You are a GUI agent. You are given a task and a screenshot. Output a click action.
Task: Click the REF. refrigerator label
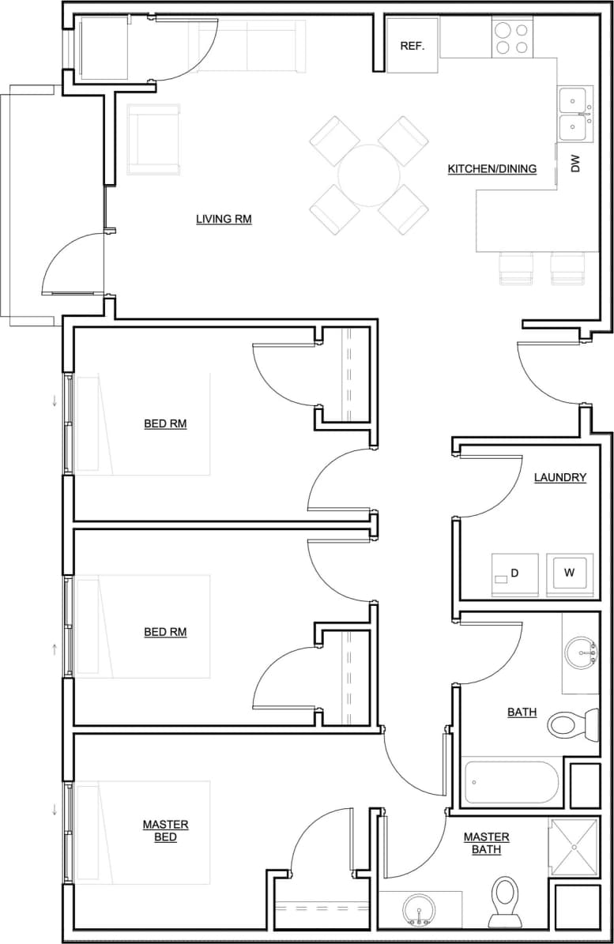tap(412, 46)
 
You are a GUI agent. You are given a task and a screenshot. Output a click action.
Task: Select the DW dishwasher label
tap(575, 164)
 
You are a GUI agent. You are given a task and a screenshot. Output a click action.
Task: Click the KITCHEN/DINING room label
tap(492, 168)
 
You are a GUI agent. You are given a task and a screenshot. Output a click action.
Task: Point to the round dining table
tap(368, 175)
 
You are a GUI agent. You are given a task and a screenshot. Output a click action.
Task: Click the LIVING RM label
tap(224, 219)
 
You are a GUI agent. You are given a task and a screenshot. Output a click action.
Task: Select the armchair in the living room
tap(153, 140)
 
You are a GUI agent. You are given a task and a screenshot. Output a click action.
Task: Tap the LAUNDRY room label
tap(559, 477)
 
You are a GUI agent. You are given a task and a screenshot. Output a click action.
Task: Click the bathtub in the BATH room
tap(511, 782)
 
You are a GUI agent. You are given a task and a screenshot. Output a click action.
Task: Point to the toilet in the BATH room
tap(573, 723)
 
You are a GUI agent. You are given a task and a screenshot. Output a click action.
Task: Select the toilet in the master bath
tap(505, 900)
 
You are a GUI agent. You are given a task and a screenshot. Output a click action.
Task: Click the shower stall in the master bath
tap(574, 848)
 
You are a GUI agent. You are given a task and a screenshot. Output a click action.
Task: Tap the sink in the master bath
tap(417, 908)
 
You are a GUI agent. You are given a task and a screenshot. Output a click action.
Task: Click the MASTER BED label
tap(165, 830)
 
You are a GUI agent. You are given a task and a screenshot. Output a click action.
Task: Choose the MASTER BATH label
tap(486, 843)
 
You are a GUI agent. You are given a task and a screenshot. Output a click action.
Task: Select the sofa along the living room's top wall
tap(247, 47)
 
